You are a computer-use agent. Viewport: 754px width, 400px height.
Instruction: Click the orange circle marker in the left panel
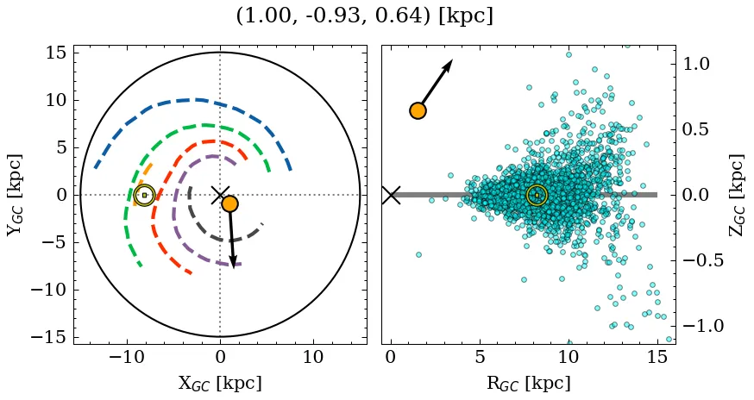(x=229, y=203)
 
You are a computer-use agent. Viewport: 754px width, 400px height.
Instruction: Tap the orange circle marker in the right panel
(x=418, y=111)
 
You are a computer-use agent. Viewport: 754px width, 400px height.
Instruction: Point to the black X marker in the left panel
(x=220, y=195)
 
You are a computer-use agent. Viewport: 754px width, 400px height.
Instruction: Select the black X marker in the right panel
(x=391, y=195)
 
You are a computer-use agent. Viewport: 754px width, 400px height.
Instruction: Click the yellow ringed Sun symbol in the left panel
(x=144, y=195)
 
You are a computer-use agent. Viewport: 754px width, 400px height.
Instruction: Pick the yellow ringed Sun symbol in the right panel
(x=537, y=195)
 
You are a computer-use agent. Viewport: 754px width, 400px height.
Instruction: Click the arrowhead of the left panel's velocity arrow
(x=233, y=262)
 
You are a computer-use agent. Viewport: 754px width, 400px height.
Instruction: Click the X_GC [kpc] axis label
(x=220, y=384)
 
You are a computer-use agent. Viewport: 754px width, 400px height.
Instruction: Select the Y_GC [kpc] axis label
(x=15, y=195)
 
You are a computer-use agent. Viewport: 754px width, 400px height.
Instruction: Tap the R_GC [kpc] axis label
(x=528, y=384)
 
